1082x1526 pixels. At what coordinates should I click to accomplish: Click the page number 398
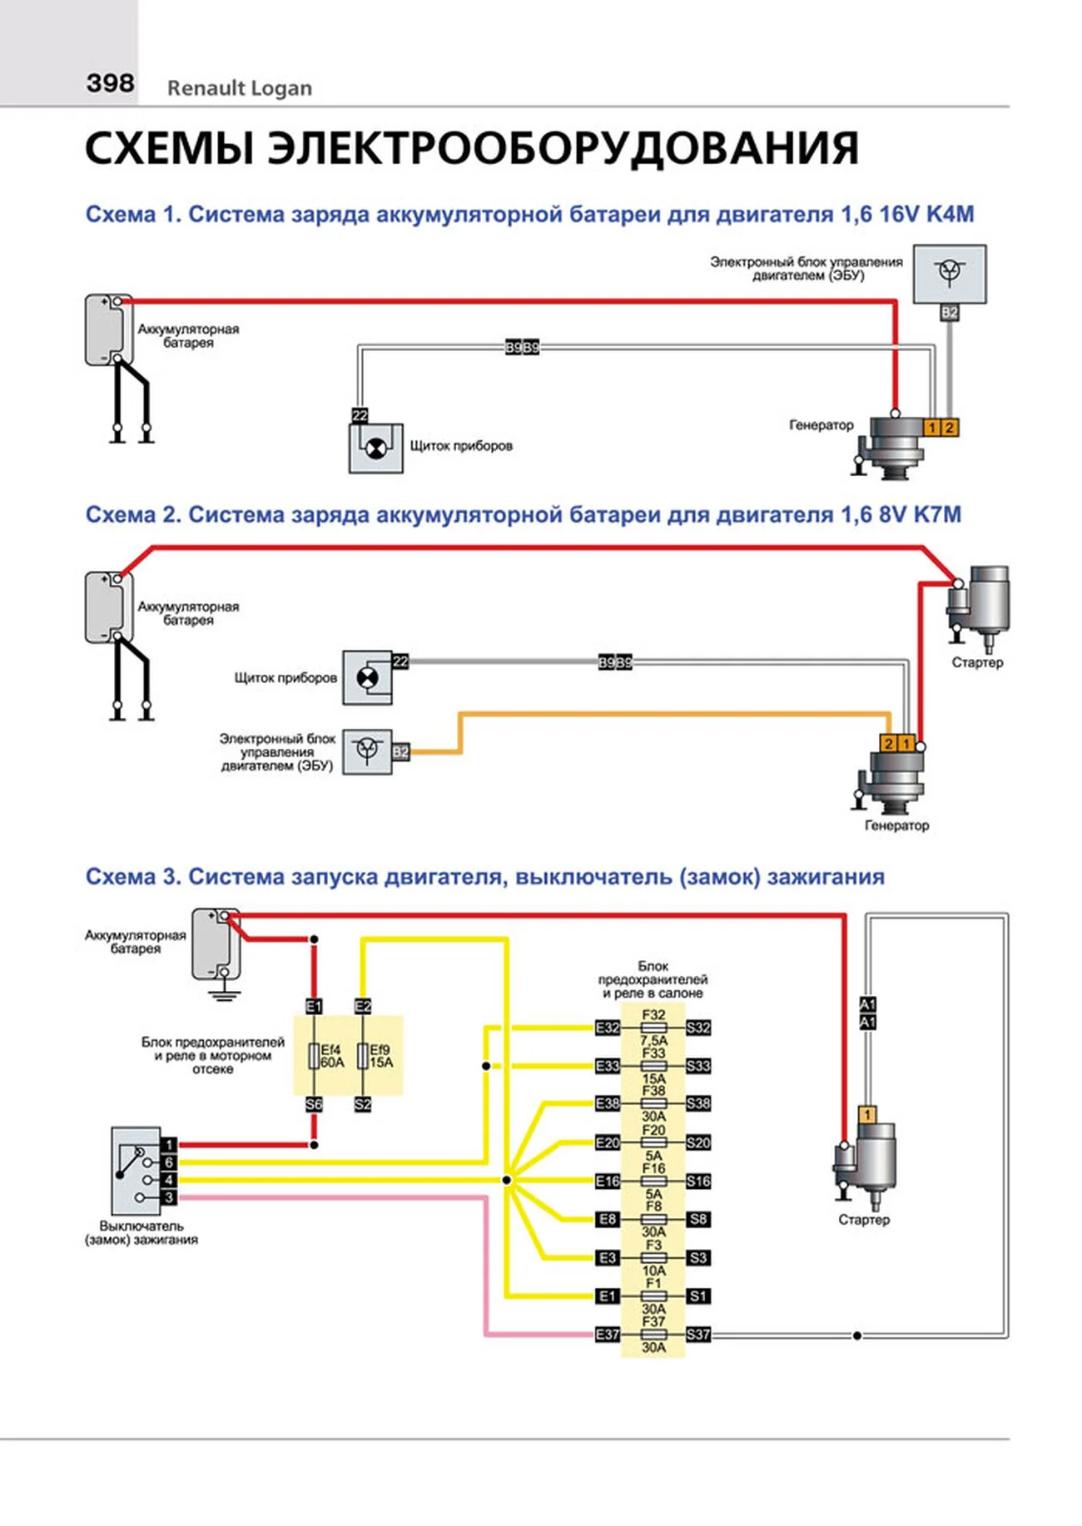110,83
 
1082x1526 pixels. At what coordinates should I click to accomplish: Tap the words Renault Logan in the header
240,88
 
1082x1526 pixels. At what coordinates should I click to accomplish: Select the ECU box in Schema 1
950,273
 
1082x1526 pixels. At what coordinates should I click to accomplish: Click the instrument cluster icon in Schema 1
376,448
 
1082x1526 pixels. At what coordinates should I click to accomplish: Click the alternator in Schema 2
896,782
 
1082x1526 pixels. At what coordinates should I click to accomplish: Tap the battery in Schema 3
216,944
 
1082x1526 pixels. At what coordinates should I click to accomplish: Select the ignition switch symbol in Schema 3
136,1171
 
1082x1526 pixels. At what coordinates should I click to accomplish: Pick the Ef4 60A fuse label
331,1056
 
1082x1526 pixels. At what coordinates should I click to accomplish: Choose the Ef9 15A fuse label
380,1056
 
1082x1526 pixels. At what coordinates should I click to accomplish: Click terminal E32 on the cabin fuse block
608,1028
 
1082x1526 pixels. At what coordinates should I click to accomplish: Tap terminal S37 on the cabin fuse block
698,1335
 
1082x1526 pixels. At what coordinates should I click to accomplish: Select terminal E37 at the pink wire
608,1335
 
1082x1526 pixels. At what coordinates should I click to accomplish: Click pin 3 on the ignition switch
169,1197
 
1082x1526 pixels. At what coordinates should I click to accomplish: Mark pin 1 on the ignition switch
169,1145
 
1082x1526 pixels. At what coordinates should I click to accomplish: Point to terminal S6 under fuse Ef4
314,1105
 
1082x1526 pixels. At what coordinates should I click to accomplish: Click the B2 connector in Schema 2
400,752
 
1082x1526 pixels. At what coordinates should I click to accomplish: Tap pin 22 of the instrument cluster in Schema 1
360,414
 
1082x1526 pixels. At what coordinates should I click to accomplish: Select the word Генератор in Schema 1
821,425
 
